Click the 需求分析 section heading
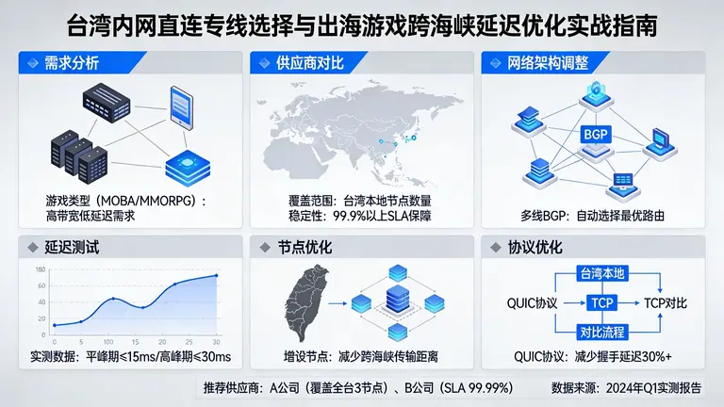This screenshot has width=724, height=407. [x=72, y=64]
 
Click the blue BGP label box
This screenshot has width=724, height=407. [x=595, y=135]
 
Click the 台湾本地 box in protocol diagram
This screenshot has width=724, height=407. [x=602, y=274]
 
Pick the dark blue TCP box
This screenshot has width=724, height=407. [x=602, y=303]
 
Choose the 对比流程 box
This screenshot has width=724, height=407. [x=602, y=332]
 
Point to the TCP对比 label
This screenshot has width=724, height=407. [x=667, y=303]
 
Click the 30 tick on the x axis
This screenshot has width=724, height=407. [x=217, y=341]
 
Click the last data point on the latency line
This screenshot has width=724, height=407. [x=217, y=276]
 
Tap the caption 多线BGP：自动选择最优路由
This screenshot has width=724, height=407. [x=592, y=216]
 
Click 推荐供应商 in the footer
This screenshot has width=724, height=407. [x=234, y=388]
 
